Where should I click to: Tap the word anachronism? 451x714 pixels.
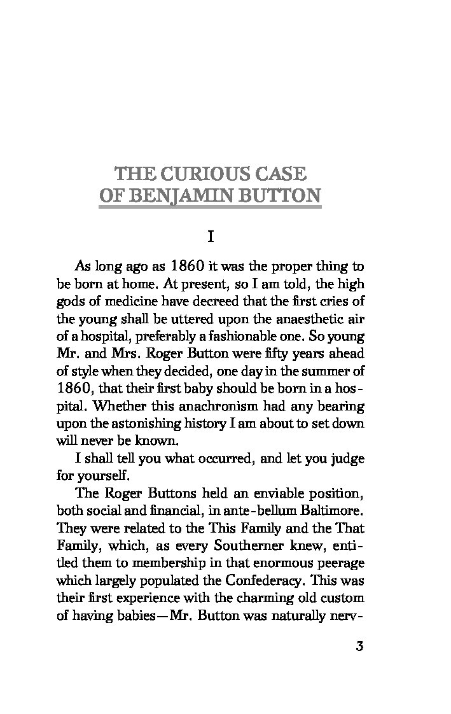pos(195,405)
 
